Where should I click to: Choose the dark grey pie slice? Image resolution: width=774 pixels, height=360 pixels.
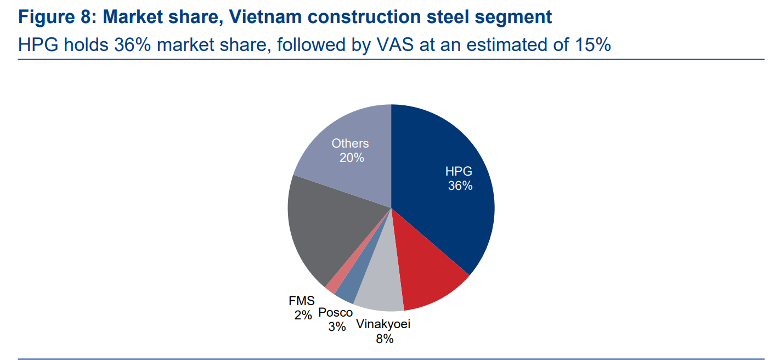[318, 230]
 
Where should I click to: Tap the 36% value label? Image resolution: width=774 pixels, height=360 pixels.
[460, 185]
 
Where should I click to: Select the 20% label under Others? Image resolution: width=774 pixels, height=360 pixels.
[351, 157]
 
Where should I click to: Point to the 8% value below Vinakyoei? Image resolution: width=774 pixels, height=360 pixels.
[385, 339]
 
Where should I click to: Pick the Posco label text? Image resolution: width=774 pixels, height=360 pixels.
[336, 312]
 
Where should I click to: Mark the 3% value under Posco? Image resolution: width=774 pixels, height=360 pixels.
[337, 327]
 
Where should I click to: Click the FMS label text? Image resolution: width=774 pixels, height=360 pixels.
[302, 301]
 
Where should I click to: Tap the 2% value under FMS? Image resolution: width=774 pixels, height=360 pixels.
[302, 315]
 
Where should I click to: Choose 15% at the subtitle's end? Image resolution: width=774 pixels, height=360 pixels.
[593, 44]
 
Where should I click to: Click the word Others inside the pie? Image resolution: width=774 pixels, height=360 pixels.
[350, 143]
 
